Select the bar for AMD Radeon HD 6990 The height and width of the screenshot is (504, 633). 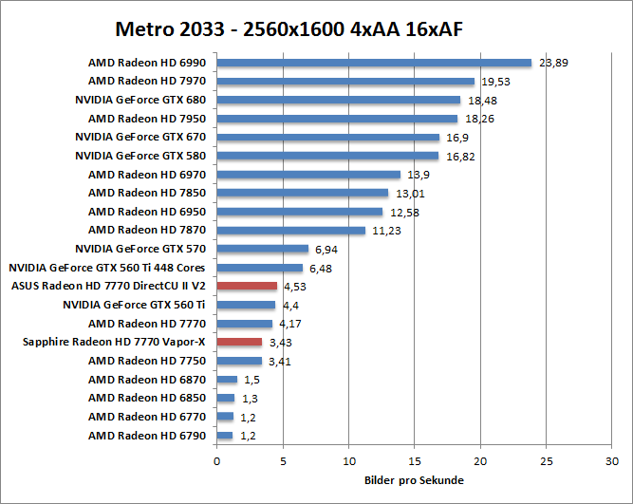point(374,64)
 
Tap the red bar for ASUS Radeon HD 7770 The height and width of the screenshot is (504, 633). point(247,286)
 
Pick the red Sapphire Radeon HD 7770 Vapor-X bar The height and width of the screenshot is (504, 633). point(239,342)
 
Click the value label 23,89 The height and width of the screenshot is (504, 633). point(552,64)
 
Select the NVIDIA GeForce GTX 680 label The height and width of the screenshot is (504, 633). point(140,100)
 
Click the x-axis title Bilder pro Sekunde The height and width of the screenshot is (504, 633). point(414,480)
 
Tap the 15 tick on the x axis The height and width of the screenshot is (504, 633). point(415,461)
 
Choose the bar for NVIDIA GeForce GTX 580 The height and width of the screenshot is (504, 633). point(327,156)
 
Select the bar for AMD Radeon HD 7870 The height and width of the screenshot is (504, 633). point(290,230)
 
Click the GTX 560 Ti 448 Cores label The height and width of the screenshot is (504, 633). point(107,268)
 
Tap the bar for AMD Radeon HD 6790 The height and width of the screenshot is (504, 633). point(225,436)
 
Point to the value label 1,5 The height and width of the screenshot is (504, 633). point(251,380)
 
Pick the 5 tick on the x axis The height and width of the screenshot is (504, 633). point(283,461)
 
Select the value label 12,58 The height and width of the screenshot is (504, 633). point(402,212)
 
